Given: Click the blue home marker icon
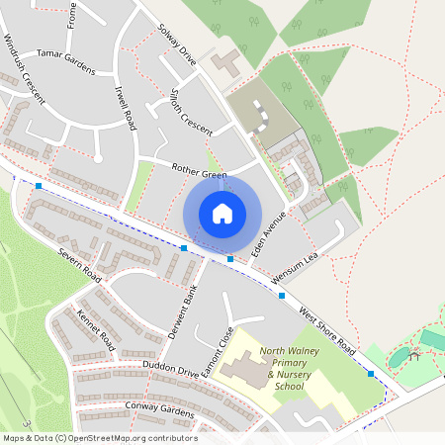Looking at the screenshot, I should click(x=222, y=213).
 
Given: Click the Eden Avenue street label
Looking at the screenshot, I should click(x=268, y=233).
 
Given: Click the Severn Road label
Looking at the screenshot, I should click(x=79, y=261).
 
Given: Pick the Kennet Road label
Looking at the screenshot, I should click(x=96, y=332).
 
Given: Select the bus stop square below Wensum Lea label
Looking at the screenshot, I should click(x=282, y=296).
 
